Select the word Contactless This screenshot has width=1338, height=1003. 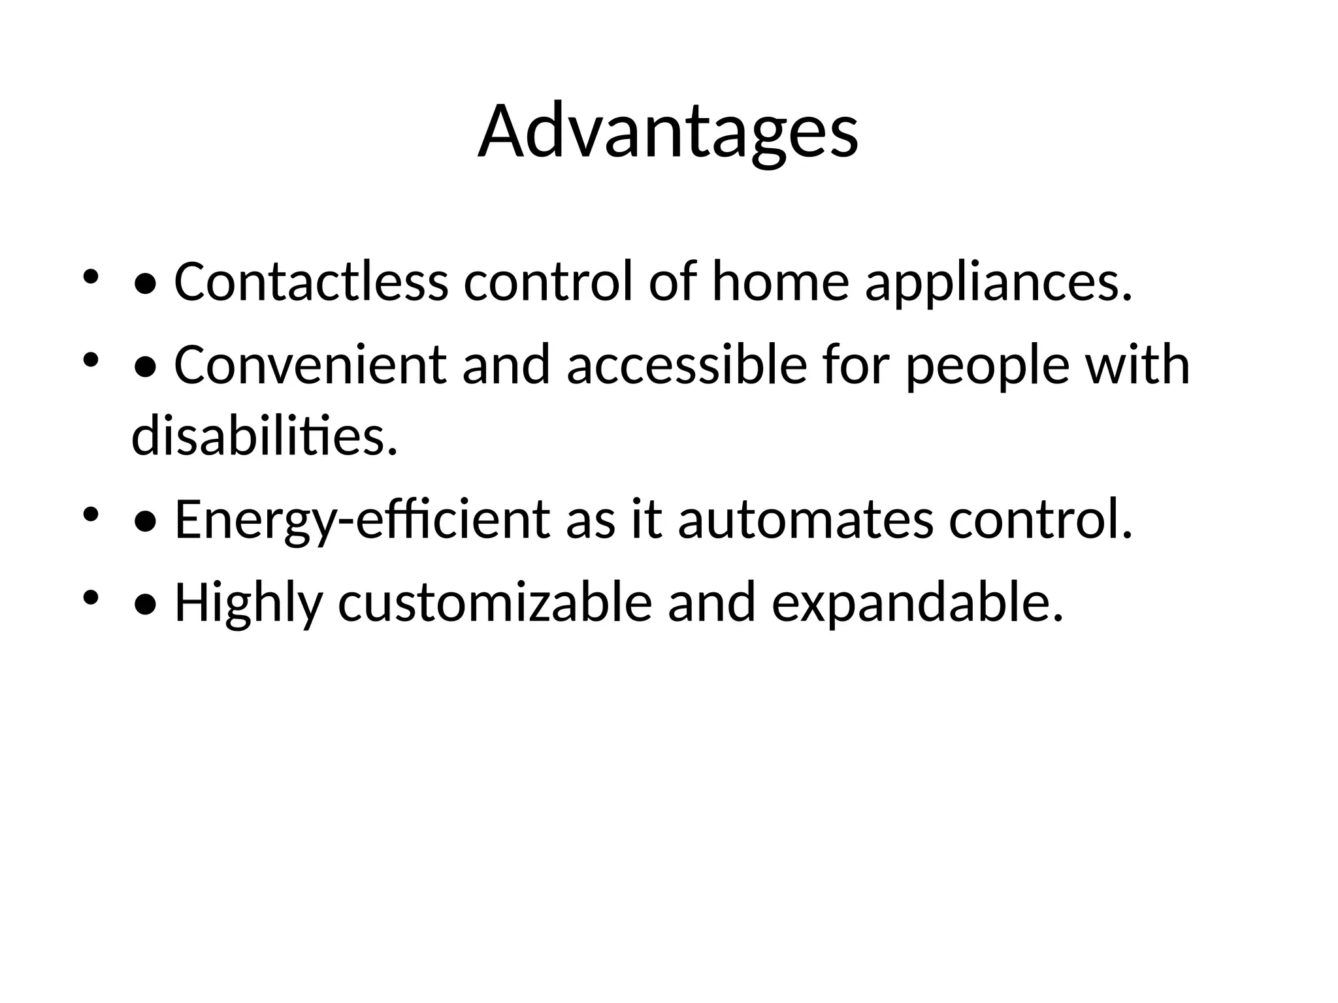(311, 282)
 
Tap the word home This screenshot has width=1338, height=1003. (780, 282)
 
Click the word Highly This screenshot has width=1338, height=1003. (248, 603)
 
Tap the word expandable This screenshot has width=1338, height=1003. (917, 603)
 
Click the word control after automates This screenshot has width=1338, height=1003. (1040, 520)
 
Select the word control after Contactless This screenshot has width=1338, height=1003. (548, 282)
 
